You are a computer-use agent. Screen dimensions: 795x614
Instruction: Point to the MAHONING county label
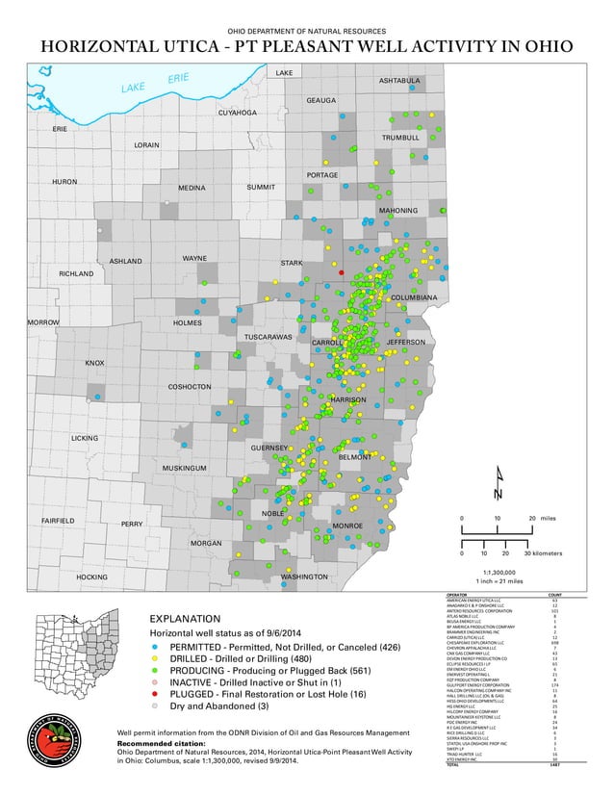click(397, 210)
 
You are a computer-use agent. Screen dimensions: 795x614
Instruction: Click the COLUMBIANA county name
click(414, 297)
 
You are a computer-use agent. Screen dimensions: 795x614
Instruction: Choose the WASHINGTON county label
click(304, 577)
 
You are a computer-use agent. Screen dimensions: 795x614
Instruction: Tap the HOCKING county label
click(91, 577)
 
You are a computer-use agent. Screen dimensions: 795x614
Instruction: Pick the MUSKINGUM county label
click(185, 468)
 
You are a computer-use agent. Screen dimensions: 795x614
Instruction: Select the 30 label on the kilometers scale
click(528, 553)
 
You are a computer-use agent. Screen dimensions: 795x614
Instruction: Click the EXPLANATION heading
click(185, 618)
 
